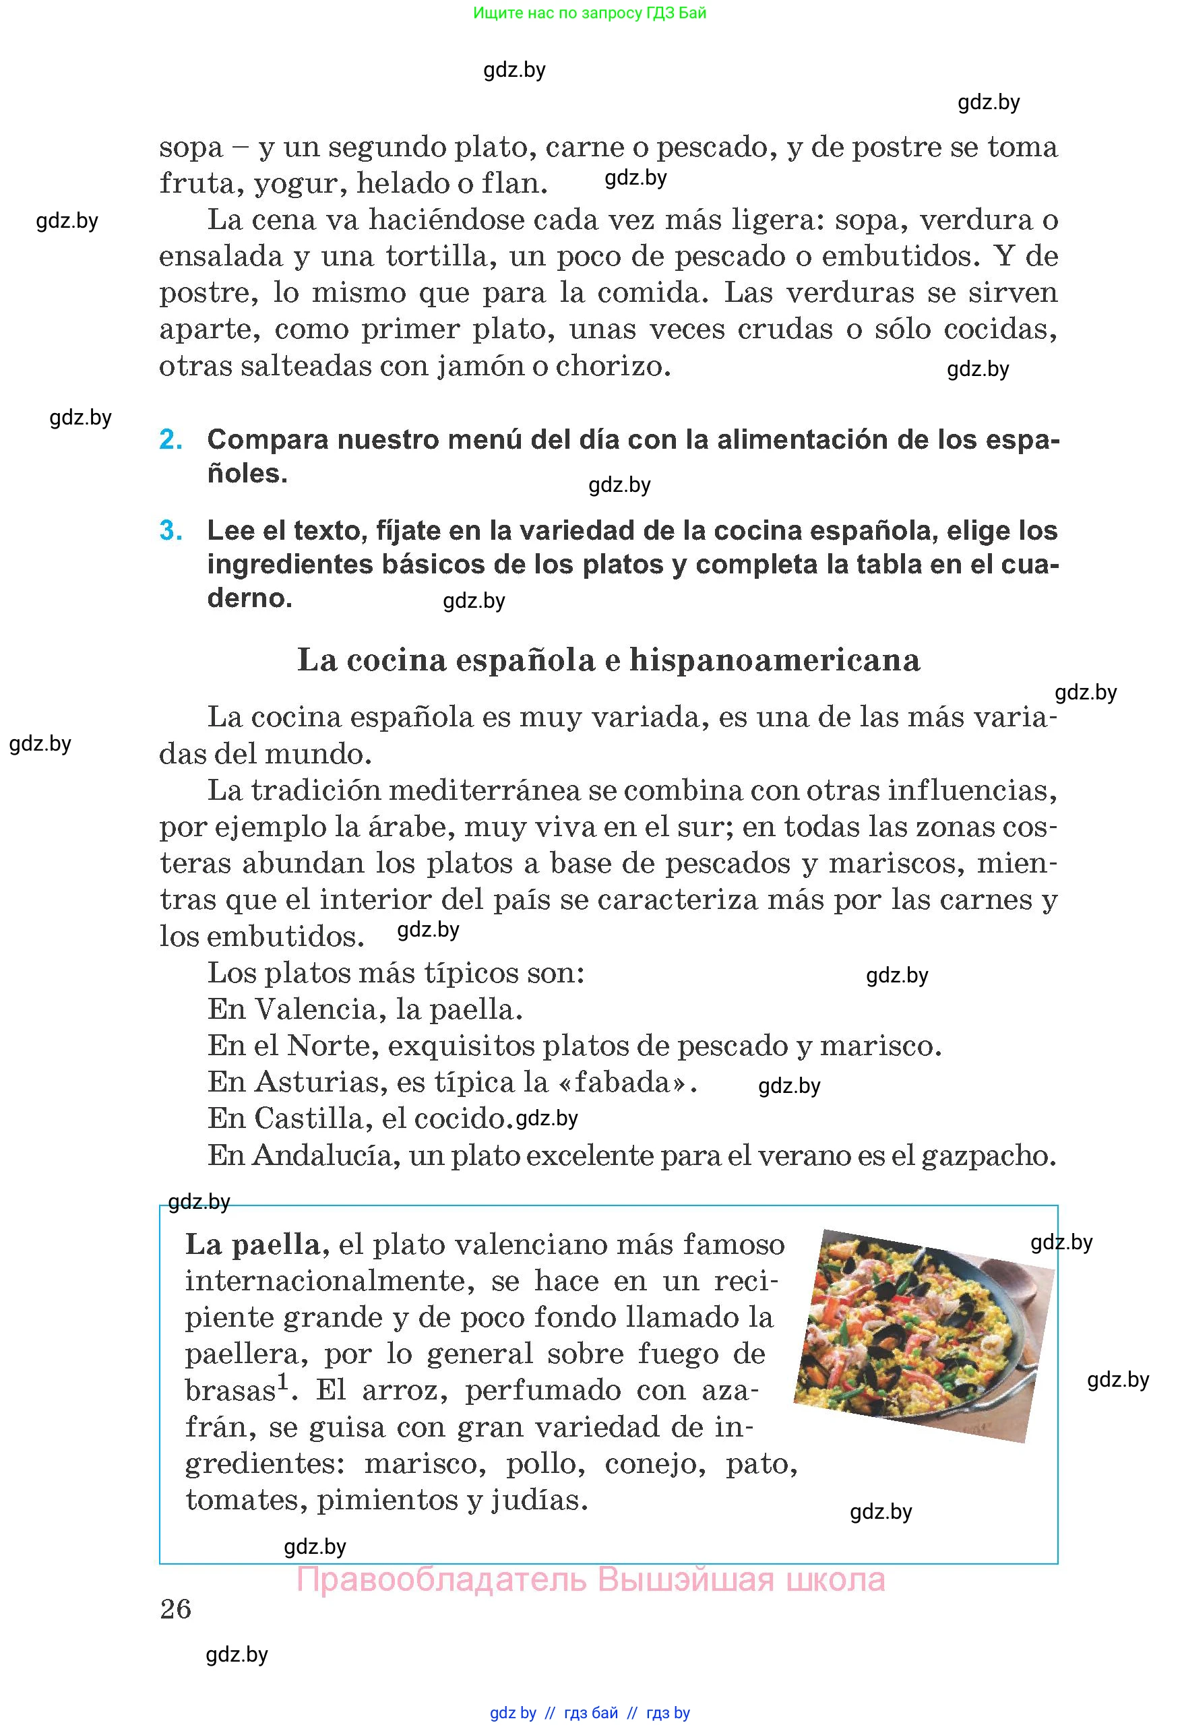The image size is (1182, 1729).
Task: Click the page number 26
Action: tap(176, 1609)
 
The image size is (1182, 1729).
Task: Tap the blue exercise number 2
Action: tap(171, 440)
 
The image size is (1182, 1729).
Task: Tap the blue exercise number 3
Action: tap(171, 531)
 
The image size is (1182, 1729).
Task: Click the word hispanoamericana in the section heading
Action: tap(774, 660)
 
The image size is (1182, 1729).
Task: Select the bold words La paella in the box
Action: tap(252, 1245)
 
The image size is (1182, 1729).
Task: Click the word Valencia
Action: tap(316, 1009)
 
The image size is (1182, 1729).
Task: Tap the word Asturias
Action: tap(316, 1083)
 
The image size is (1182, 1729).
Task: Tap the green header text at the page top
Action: tap(589, 13)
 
